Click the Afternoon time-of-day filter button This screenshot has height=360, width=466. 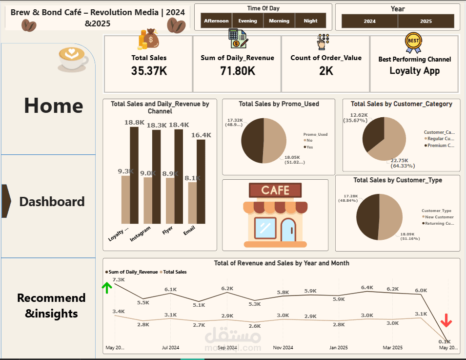pos(216,21)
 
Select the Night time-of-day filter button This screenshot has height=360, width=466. pos(310,21)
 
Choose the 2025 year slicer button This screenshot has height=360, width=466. pos(426,21)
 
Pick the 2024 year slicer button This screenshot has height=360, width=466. pos(369,21)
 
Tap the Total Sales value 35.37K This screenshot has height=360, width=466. pos(149,71)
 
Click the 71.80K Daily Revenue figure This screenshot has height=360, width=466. pos(237,71)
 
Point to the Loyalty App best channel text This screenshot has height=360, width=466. pos(414,71)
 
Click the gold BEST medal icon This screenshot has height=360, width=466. pos(413,42)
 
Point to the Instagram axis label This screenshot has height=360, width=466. pos(141,234)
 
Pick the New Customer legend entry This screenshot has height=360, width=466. pos(439,217)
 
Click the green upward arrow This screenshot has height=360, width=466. pos(107,287)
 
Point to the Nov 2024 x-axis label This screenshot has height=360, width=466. pos(284,348)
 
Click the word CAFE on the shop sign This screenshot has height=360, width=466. pos(275,190)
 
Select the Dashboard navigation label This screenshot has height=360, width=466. pos(52,201)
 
